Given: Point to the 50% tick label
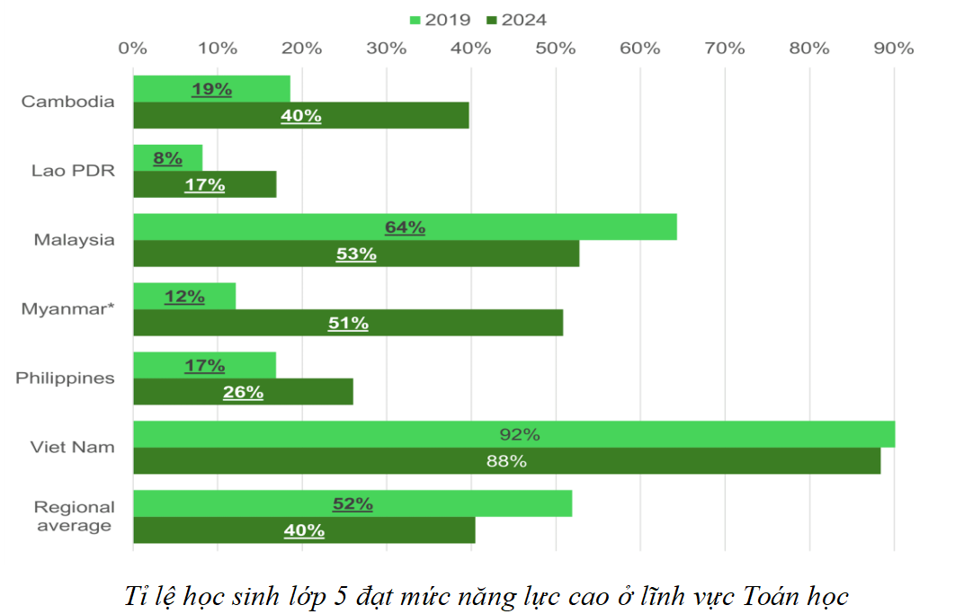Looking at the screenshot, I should point(555,49).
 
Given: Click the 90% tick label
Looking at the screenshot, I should point(893,49).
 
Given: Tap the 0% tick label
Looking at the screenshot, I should point(133,49).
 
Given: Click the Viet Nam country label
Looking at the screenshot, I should point(74,447).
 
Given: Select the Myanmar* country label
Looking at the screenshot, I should point(68,309).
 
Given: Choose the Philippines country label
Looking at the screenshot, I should point(66,378).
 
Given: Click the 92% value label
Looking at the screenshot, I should point(519,435).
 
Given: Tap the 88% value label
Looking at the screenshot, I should point(505,461).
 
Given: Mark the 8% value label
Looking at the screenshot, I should point(167,159).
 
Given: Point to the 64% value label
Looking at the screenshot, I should point(405,227).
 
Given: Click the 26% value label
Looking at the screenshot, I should point(243,392).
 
